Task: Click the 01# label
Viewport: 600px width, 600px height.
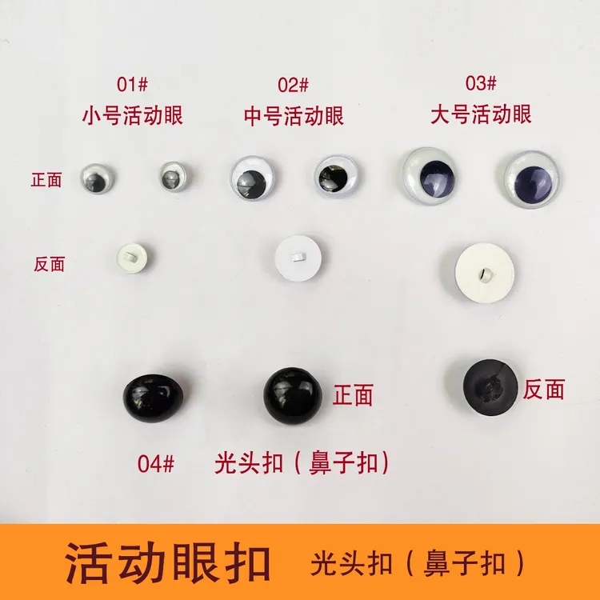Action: (132, 84)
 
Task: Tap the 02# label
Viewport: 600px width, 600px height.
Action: (293, 85)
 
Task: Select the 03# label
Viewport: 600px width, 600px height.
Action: (481, 83)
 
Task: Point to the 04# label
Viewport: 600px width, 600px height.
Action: (156, 464)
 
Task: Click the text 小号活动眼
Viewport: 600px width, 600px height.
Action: (132, 115)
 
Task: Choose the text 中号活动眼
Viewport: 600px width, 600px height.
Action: (294, 115)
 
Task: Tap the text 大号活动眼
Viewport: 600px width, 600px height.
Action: (481, 114)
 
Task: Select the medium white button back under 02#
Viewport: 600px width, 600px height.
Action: (298, 258)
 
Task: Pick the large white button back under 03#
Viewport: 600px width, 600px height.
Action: (485, 273)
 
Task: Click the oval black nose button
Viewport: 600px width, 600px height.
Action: (153, 398)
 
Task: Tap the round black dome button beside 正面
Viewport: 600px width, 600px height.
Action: (292, 396)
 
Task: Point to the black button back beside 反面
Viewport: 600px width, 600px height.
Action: (490, 387)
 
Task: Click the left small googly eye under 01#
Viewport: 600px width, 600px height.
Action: (97, 178)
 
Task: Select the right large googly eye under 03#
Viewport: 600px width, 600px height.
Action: (532, 179)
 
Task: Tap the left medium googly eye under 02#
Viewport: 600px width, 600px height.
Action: (252, 178)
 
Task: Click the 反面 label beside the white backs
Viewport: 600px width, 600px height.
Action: (49, 264)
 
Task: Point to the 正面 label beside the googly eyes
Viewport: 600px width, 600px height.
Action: (46, 180)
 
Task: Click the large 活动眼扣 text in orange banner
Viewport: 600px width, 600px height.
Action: (168, 562)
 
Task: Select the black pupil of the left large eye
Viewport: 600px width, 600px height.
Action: (437, 179)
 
